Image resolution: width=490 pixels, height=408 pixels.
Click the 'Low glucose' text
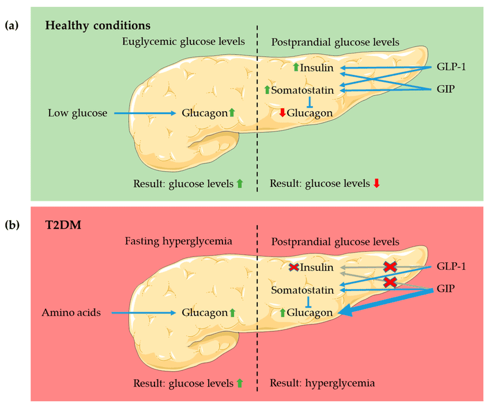pyautogui.click(x=78, y=114)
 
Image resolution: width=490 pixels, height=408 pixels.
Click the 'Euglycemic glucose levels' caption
pyautogui.click(x=183, y=41)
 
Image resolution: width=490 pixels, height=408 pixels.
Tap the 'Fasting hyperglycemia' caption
pyautogui.click(x=179, y=241)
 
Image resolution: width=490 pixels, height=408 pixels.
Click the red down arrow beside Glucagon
pyautogui.click(x=282, y=113)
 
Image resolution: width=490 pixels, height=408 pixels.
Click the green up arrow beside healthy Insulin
pyautogui.click(x=295, y=68)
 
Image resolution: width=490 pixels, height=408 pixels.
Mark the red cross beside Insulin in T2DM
pyautogui.click(x=294, y=267)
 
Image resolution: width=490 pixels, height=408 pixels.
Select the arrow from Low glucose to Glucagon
pyautogui.click(x=145, y=114)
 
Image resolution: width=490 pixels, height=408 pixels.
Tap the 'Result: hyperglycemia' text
pyautogui.click(x=322, y=383)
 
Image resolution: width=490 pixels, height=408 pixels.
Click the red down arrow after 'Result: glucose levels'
pyautogui.click(x=376, y=183)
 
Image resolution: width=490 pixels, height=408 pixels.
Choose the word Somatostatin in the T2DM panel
pyautogui.click(x=303, y=290)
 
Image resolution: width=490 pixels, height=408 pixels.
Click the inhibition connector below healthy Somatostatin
pyautogui.click(x=310, y=101)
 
